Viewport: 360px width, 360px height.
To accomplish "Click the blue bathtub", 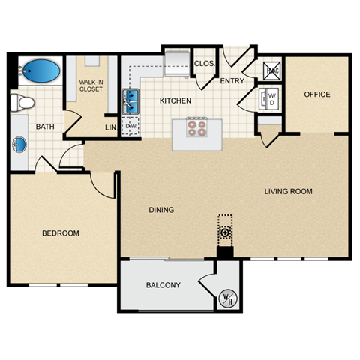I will (41, 72).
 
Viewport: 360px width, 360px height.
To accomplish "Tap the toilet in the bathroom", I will (23, 101).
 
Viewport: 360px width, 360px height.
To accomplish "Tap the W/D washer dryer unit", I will (270, 97).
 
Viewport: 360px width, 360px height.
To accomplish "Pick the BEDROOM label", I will (60, 233).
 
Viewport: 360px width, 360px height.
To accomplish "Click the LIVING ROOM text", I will (288, 192).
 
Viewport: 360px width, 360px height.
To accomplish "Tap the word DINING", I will (161, 210).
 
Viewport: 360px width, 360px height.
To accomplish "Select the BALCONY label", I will (163, 285).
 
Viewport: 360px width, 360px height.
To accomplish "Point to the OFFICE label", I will (316, 94).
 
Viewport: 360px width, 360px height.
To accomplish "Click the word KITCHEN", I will (175, 100).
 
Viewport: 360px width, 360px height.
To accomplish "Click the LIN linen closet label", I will (110, 127).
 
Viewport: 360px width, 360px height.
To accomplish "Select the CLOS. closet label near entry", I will (204, 63).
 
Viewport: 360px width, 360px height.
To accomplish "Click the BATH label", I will (44, 127).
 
